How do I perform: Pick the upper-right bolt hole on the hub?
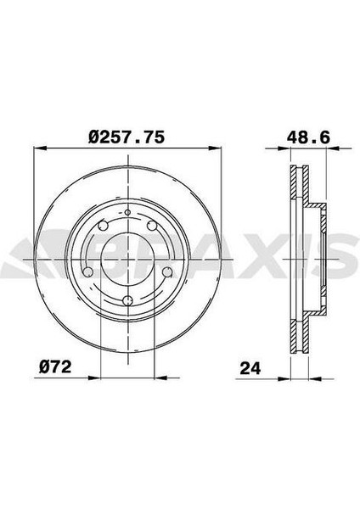tap(151, 227)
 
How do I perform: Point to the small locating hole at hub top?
tap(127, 212)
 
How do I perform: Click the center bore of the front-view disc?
tap(127, 256)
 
